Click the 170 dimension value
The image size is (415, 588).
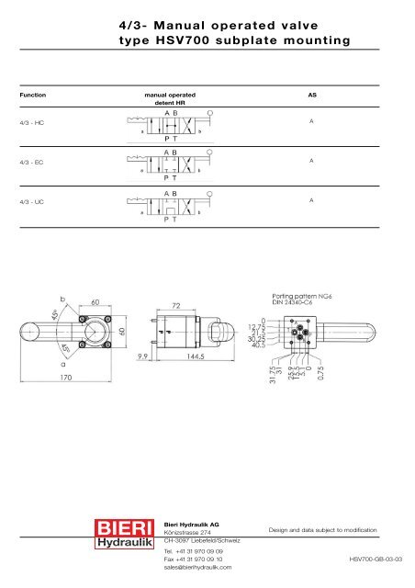pos(42,376)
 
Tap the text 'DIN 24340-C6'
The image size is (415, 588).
pos(297,303)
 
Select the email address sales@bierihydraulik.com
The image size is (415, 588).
pos(196,568)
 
